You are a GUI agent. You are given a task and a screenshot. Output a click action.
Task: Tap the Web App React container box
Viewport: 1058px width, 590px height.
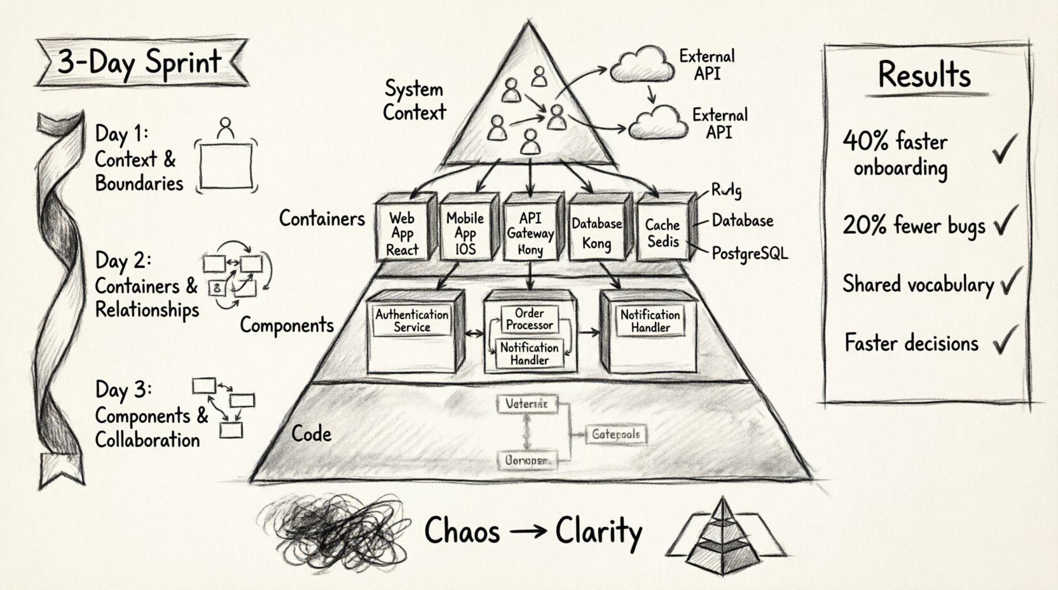pyautogui.click(x=403, y=233)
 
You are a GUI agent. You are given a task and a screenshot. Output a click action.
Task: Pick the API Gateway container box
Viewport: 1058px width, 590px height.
pyautogui.click(x=530, y=233)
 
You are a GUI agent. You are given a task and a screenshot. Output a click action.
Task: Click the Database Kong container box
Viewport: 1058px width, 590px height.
pyautogui.click(x=596, y=233)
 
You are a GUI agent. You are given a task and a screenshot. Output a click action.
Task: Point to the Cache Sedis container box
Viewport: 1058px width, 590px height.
pyautogui.click(x=663, y=233)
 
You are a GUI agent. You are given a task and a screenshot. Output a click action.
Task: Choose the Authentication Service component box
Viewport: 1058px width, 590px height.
pyautogui.click(x=412, y=331)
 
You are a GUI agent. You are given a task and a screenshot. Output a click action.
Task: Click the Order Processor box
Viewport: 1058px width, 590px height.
pyautogui.click(x=529, y=319)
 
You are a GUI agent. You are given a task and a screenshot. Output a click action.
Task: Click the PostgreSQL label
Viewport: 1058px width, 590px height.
pyautogui.click(x=750, y=254)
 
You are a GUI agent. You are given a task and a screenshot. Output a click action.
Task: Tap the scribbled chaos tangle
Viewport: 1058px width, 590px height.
pyautogui.click(x=336, y=528)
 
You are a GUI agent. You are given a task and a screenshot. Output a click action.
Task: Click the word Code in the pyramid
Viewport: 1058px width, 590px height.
pyautogui.click(x=312, y=434)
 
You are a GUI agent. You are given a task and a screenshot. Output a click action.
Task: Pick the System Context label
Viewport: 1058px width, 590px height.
pyautogui.click(x=414, y=101)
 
